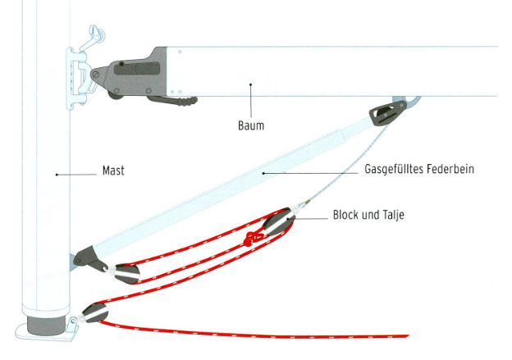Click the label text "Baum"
(x=251, y=126)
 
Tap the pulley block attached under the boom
(x=382, y=112)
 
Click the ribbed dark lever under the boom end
(x=176, y=101)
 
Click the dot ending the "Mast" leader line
(x=56, y=173)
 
